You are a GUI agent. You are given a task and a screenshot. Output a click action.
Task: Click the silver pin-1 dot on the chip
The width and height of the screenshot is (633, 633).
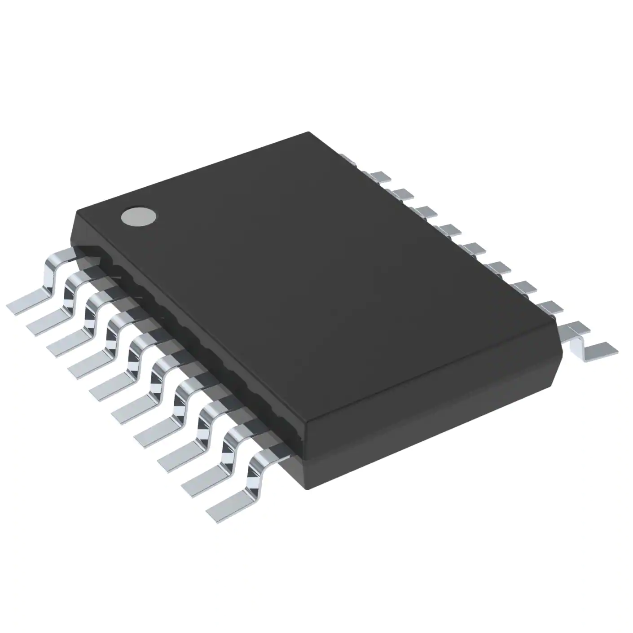point(140,216)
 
